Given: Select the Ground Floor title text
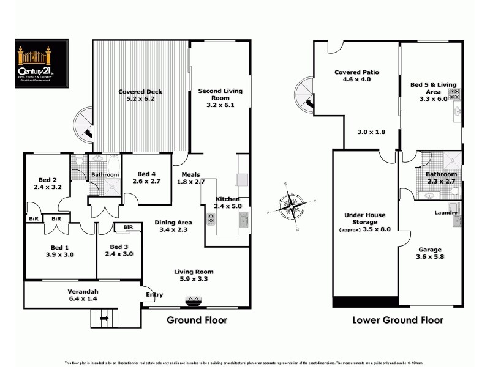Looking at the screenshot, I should point(197,319).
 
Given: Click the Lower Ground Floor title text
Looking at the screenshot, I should point(398,319).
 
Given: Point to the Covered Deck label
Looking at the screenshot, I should point(140,92).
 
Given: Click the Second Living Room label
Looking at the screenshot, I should point(221,98).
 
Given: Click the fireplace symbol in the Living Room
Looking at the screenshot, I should point(194,300).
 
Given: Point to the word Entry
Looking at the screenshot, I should point(154,295).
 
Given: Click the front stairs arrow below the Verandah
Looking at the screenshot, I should point(103,318).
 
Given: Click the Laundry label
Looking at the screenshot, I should point(446,213).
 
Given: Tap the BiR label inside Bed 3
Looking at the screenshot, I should point(128,228).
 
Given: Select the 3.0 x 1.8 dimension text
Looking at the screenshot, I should point(371,132).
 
